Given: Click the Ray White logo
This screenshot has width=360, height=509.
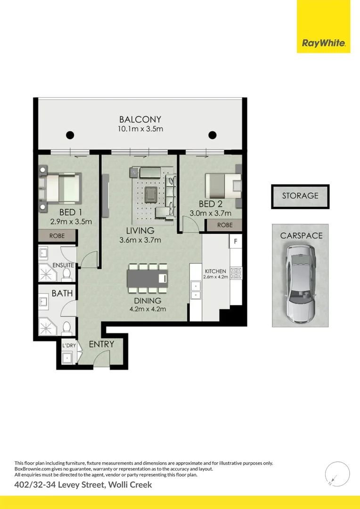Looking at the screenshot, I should tap(323, 43).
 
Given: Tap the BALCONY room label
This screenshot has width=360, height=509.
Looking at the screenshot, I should tap(140, 120).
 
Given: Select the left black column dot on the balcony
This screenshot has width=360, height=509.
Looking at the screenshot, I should tap(70, 135).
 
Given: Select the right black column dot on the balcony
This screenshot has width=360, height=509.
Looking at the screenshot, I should tap(213, 135).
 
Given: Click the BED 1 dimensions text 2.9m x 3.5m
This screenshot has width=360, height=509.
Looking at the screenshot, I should tap(71, 221).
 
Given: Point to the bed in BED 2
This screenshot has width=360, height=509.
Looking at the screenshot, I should tap(223, 186).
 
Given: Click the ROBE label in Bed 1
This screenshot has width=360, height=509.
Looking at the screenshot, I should tap(57, 235).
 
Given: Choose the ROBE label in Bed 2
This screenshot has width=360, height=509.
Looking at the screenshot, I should tap(225, 225).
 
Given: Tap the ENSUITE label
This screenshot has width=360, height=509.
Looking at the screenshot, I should tap(63, 265).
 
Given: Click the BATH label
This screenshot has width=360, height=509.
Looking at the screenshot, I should tap(62, 293).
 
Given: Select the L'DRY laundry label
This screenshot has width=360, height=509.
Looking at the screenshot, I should tap(69, 346).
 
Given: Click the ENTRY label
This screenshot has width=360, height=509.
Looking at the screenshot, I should tap(101, 344).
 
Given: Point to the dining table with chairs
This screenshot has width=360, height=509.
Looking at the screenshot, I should tap(147, 279).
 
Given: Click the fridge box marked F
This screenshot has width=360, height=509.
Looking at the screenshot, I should tap(235, 242).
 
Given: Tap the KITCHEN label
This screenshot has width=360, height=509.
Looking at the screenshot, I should tap(215, 271).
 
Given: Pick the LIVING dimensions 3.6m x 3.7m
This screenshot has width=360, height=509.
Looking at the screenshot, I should tap(140, 240).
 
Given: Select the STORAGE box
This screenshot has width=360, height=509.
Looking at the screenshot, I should tap(300, 196).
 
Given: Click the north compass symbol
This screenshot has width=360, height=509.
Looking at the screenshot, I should tap(337, 473).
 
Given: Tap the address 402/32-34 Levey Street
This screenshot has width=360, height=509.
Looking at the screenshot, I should tap(83, 484).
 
